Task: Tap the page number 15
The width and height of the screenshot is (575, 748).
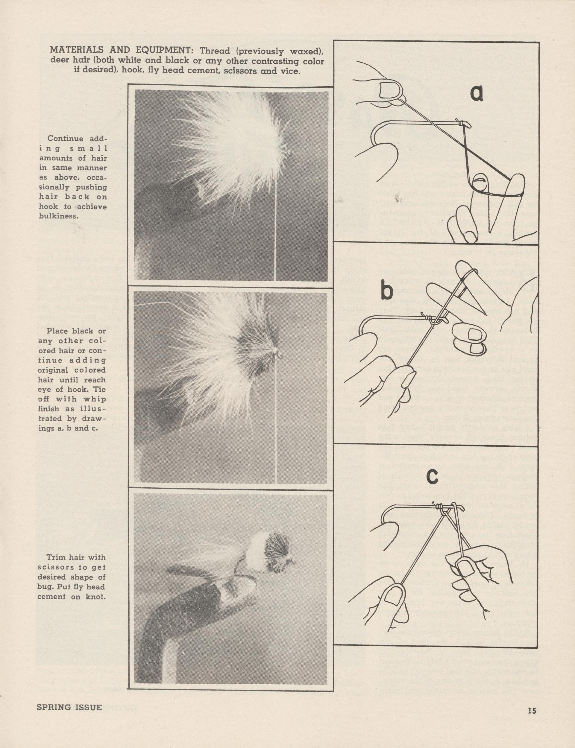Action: point(532,708)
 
